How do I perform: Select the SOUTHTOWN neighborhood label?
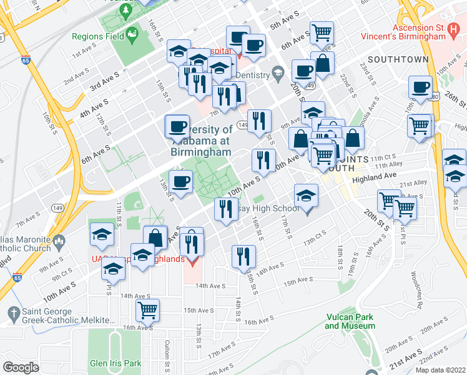coord(398,59)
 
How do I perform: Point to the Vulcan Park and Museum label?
coord(350,321)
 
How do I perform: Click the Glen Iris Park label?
coord(115,364)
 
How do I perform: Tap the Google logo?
coord(21,367)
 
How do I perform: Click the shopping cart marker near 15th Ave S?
coord(147,309)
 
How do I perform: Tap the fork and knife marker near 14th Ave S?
coord(243,256)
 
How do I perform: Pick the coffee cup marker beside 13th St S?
coord(180,182)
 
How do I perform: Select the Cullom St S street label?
coord(167,353)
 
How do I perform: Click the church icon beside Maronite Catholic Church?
coord(59,241)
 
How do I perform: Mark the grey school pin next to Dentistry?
coord(278,74)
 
